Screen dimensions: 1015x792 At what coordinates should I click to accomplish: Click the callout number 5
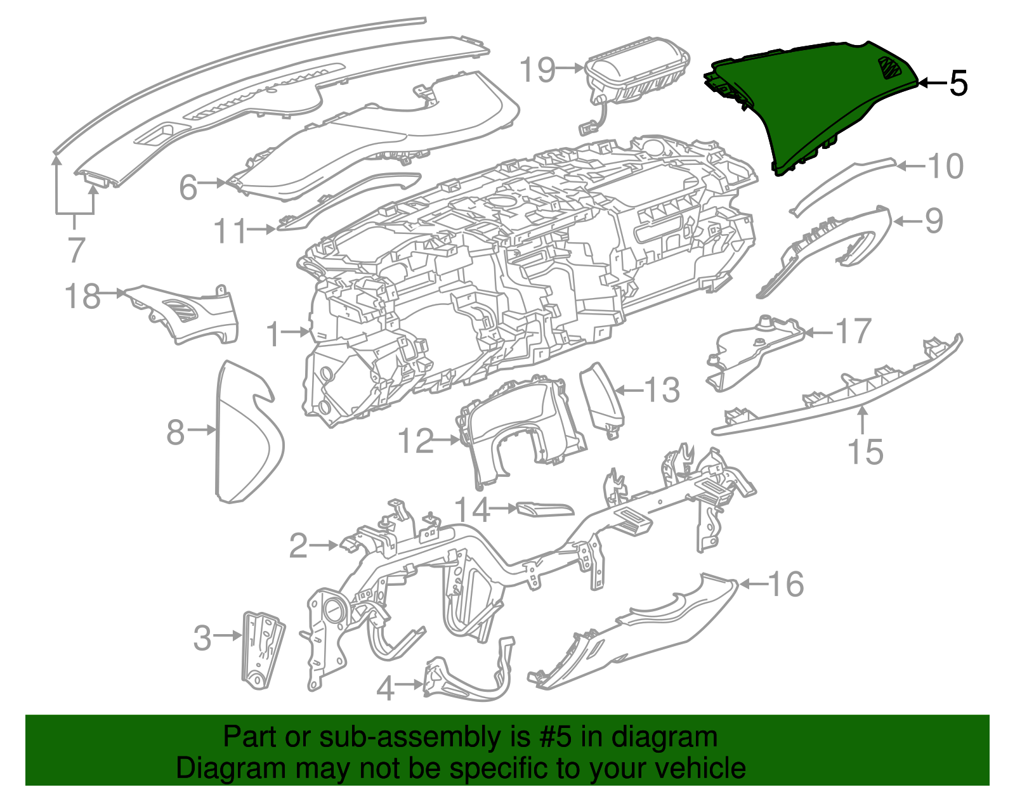pos(958,83)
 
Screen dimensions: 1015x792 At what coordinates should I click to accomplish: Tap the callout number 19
pos(538,70)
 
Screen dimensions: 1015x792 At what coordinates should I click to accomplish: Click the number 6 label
pos(188,187)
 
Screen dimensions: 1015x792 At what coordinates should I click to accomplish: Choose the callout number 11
pos(230,231)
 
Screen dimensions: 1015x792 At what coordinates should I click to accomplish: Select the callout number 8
pos(175,432)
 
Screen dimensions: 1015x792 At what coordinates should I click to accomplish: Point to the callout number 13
pos(662,390)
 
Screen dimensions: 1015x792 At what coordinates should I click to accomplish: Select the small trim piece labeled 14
pos(545,509)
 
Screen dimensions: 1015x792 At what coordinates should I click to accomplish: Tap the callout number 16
pos(786,583)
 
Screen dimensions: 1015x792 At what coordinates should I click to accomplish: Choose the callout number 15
pos(865,451)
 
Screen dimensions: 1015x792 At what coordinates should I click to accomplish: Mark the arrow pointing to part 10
pos(910,166)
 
